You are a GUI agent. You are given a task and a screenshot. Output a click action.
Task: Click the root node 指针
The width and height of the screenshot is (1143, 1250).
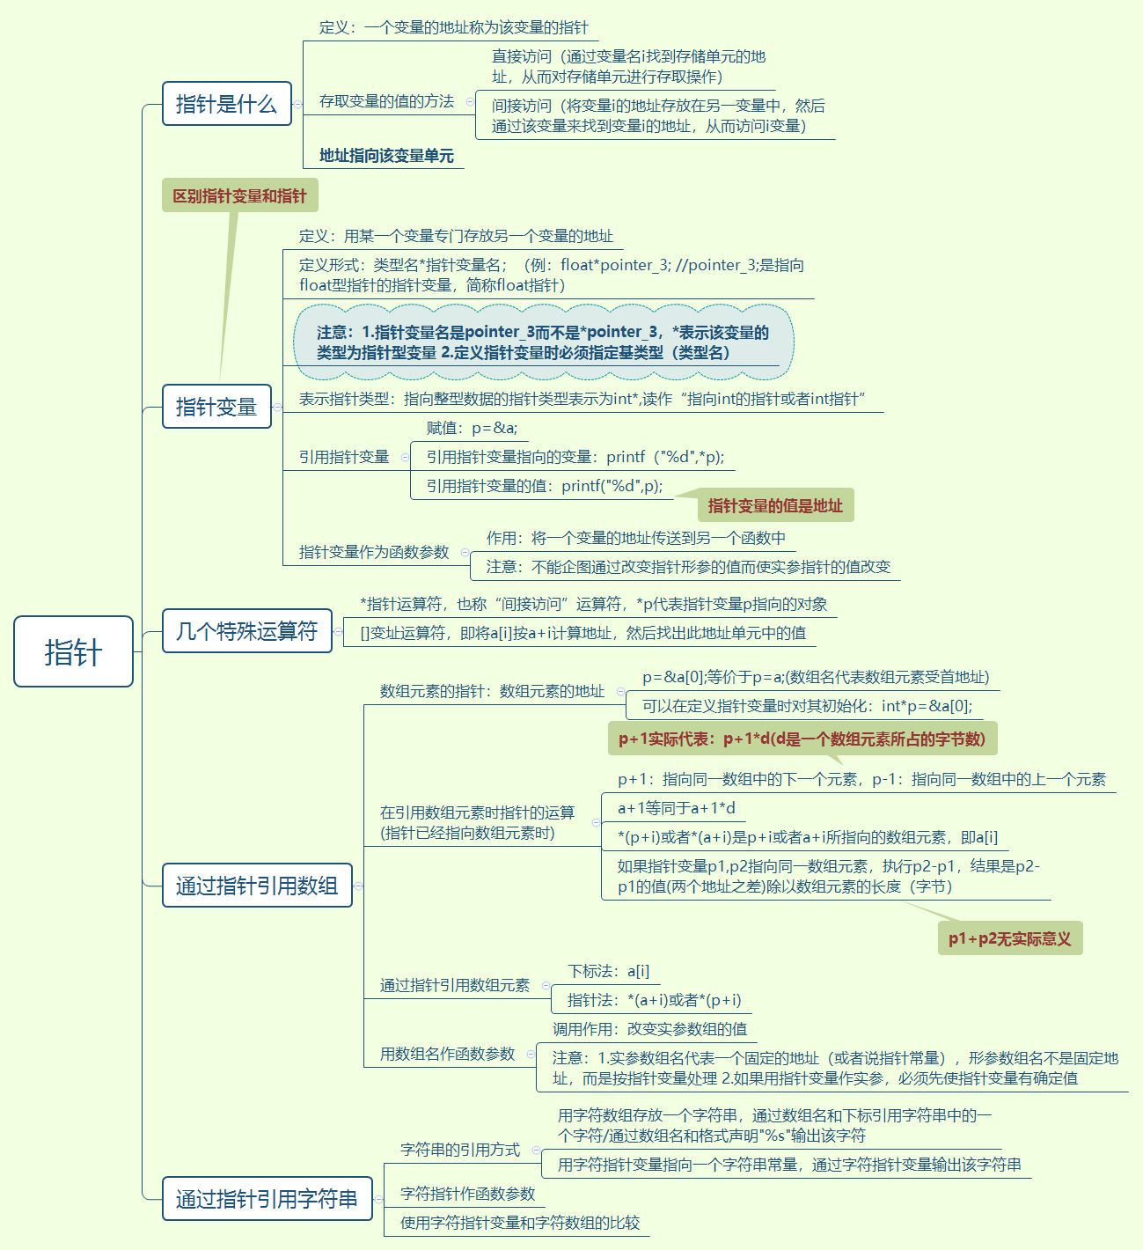[x=73, y=651]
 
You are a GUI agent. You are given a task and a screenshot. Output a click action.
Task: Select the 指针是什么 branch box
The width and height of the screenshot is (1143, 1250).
[x=226, y=104]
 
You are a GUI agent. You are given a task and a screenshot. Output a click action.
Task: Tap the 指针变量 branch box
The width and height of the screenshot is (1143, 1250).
[x=216, y=407]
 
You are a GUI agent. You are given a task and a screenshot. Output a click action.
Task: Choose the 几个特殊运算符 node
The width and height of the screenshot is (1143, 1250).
[x=246, y=631]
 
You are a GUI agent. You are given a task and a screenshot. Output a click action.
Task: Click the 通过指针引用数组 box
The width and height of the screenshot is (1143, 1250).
[x=257, y=885]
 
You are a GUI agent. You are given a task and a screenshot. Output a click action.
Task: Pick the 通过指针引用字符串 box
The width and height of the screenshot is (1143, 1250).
[x=267, y=1199]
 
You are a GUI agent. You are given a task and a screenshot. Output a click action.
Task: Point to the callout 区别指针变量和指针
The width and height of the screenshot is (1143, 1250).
[x=239, y=195]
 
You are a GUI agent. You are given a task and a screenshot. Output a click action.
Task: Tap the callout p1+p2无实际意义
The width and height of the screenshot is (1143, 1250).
[x=1009, y=938]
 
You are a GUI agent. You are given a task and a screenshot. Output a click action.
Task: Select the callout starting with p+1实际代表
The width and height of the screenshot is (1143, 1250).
[x=802, y=739]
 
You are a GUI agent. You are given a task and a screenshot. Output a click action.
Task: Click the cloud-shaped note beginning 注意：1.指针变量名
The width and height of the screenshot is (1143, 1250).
[x=543, y=342]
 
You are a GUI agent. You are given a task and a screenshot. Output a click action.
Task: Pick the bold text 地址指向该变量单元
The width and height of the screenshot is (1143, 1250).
[x=386, y=156]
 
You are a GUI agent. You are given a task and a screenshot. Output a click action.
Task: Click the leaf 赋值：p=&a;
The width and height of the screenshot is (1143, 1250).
[x=472, y=428]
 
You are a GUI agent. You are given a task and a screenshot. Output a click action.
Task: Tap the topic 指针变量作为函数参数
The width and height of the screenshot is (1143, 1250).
[x=374, y=552]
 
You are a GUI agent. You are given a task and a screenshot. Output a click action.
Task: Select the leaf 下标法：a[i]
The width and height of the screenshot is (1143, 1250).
[x=609, y=971]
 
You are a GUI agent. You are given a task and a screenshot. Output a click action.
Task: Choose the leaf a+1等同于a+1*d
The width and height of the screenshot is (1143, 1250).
[x=677, y=808]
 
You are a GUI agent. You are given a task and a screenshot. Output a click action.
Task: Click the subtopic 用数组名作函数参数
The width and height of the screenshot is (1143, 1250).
[x=447, y=1054]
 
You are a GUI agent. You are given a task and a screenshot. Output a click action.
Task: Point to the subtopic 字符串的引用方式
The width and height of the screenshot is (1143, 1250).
[x=459, y=1150]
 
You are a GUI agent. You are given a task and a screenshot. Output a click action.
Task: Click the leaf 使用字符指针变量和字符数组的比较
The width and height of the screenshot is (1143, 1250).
[x=520, y=1223]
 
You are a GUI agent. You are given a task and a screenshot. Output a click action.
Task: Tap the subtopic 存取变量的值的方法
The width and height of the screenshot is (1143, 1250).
[x=386, y=101]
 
